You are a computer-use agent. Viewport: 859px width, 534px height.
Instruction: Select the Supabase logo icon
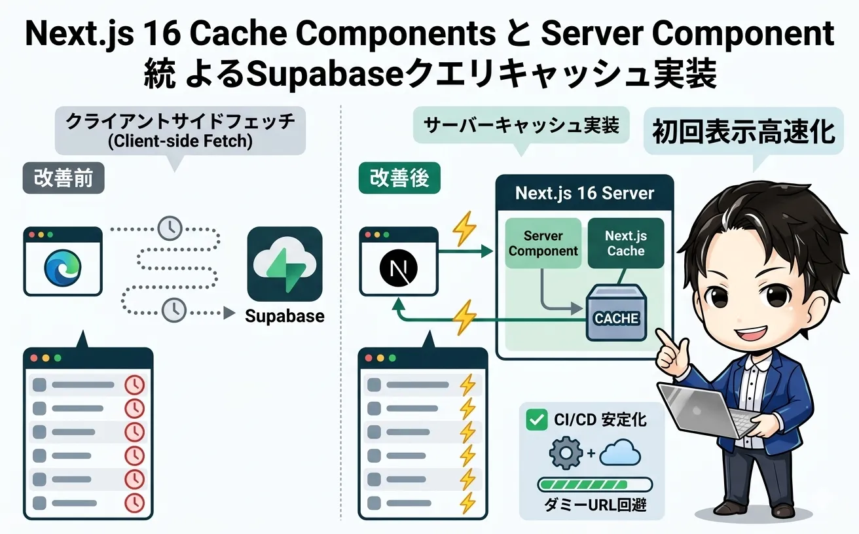284,264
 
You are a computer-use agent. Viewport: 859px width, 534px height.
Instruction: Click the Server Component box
543,243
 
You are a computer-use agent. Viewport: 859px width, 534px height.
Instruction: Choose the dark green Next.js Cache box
625,243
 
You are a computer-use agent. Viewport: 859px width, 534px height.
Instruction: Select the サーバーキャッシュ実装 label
521,124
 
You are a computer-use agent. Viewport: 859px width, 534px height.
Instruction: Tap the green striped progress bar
594,485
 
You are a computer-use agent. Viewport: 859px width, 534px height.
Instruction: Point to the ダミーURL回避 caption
595,505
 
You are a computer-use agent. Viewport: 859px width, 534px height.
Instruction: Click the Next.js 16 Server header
584,194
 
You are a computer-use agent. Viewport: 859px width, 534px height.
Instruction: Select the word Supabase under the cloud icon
284,317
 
